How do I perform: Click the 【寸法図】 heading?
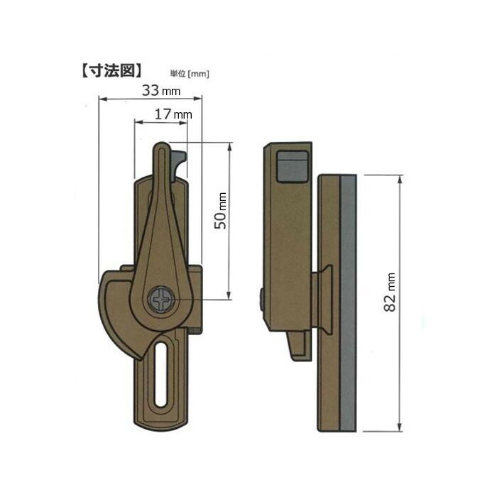111,71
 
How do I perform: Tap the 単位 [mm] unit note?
190,74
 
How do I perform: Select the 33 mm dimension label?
161,90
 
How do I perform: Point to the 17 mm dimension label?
173,114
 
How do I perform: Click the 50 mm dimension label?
221,210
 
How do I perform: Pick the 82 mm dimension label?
390,292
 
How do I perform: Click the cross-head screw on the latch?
161,300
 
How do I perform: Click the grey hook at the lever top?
178,165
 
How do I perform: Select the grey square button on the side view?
293,167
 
